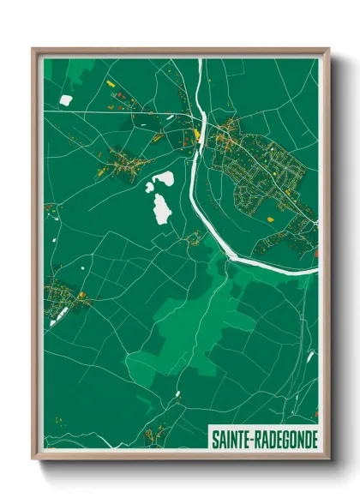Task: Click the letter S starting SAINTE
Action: pos(214,439)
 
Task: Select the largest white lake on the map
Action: pos(160,208)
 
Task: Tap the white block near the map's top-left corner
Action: pos(65,100)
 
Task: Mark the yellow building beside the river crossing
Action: pos(197,134)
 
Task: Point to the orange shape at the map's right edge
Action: pos(315,253)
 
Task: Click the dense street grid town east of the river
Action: pos(261,171)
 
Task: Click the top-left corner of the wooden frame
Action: pos(33,49)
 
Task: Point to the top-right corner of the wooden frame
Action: pos(328,49)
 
